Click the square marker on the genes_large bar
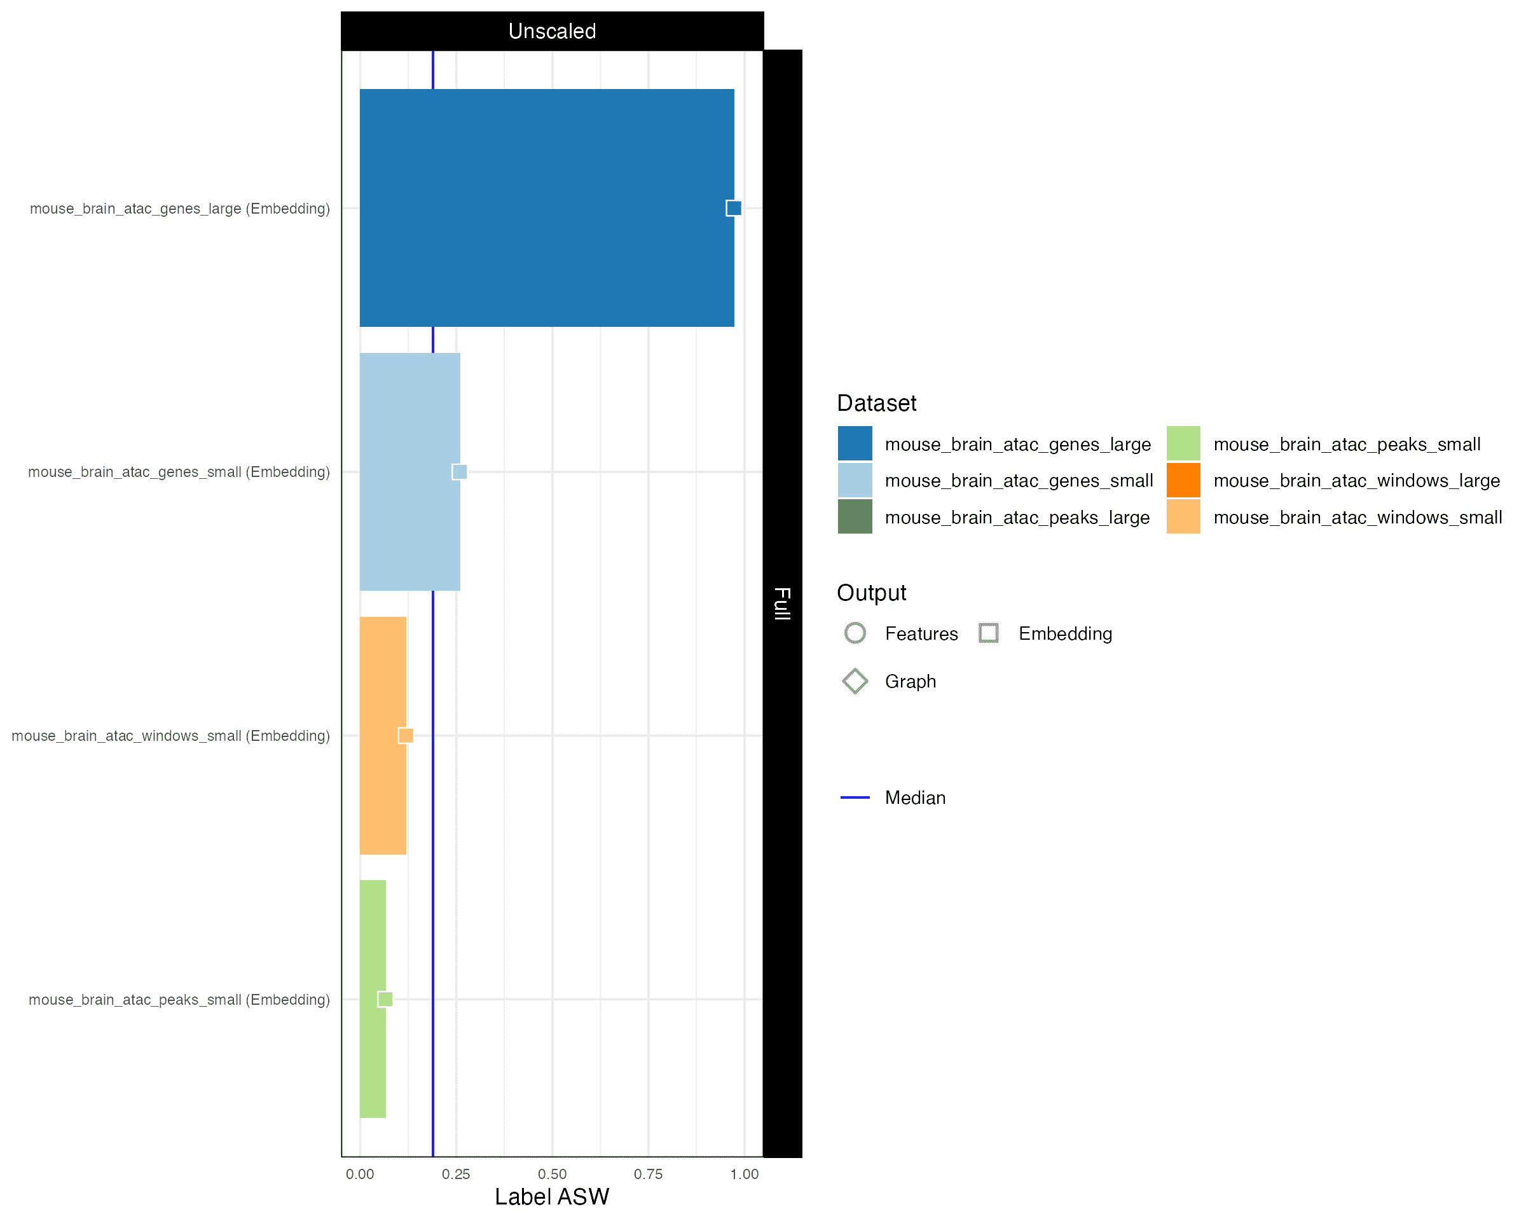[x=733, y=208]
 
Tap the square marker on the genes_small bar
[x=459, y=471]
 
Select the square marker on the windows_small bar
[x=406, y=735]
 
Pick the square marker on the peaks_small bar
[x=385, y=999]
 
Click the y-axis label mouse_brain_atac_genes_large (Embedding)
[x=180, y=209]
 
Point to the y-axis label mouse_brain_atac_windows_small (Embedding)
[x=170, y=736]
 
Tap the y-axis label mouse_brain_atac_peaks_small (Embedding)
[x=179, y=1000]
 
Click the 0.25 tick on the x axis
[x=456, y=1175]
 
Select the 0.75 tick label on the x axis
[x=649, y=1175]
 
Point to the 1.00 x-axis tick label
[x=745, y=1175]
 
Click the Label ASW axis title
[x=551, y=1197]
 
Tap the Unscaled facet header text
[x=552, y=31]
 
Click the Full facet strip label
[x=782, y=603]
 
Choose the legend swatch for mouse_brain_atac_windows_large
[x=1183, y=481]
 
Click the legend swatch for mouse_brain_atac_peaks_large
[x=855, y=517]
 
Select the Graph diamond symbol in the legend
[x=855, y=681]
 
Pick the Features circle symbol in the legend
[x=855, y=633]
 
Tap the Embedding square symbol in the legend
[x=989, y=633]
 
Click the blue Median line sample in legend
[x=855, y=797]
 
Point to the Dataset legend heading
[x=876, y=403]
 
